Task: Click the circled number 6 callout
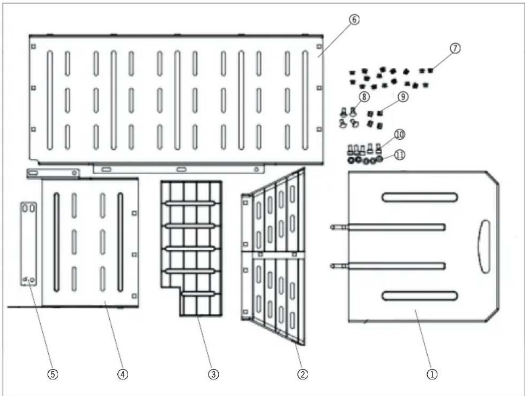coord(354,20)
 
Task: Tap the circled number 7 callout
coord(455,48)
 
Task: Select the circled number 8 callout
coord(364,97)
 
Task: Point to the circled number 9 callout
coord(403,97)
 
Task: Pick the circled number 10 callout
coord(400,134)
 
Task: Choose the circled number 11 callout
coord(400,155)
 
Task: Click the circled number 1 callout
coord(432,374)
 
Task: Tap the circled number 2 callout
coord(303,374)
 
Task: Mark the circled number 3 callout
coord(213,374)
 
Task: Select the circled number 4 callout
coord(123,374)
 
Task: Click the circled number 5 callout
coord(53,374)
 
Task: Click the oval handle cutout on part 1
coord(484,246)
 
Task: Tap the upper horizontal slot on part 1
coord(420,197)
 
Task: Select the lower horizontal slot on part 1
coord(420,296)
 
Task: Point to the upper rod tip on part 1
coord(332,227)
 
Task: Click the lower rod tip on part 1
coord(332,266)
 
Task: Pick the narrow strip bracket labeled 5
coord(29,244)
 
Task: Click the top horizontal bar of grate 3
coord(190,204)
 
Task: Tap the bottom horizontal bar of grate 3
coord(198,293)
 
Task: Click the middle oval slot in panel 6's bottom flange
coord(182,169)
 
